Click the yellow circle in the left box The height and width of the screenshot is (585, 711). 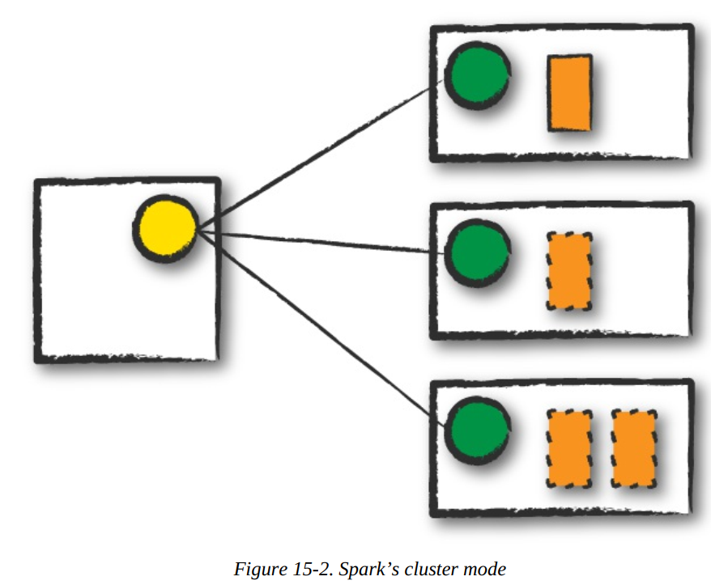pyautogui.click(x=165, y=229)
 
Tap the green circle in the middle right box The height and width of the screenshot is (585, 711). pyautogui.click(x=478, y=252)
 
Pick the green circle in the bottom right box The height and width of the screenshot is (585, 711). pyautogui.click(x=478, y=429)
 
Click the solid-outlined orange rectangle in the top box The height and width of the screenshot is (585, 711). pyautogui.click(x=570, y=92)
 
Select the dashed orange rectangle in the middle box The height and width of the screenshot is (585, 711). pyautogui.click(x=569, y=271)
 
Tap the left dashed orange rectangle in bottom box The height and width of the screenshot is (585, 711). pyautogui.click(x=570, y=448)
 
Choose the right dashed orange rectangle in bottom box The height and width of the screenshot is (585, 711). pyautogui.click(x=634, y=448)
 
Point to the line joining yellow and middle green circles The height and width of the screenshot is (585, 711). pyautogui.click(x=320, y=242)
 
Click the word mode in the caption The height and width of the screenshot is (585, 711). pyautogui.click(x=483, y=568)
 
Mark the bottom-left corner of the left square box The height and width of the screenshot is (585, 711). pyautogui.click(x=37, y=359)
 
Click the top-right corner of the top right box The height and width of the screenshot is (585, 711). pyautogui.click(x=691, y=28)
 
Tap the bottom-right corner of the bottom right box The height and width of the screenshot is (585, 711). pyautogui.click(x=691, y=512)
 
